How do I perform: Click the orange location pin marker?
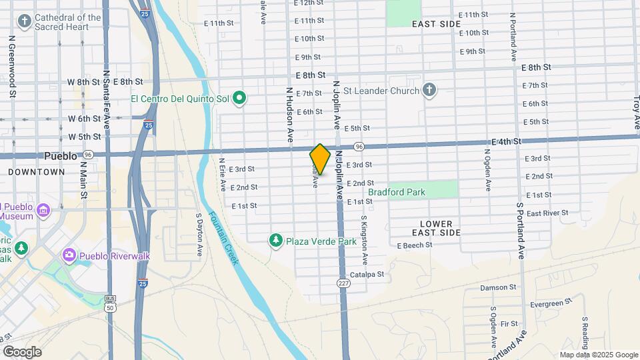(320, 159)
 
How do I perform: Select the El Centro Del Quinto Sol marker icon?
(239, 99)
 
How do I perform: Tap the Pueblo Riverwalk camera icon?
(69, 255)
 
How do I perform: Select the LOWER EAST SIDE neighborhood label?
(437, 228)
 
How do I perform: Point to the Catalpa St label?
(367, 275)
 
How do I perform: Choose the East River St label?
(547, 213)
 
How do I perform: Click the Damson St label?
(498, 288)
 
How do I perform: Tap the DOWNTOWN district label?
(37, 171)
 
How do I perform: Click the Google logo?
(22, 351)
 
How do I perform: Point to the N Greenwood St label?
(12, 67)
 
